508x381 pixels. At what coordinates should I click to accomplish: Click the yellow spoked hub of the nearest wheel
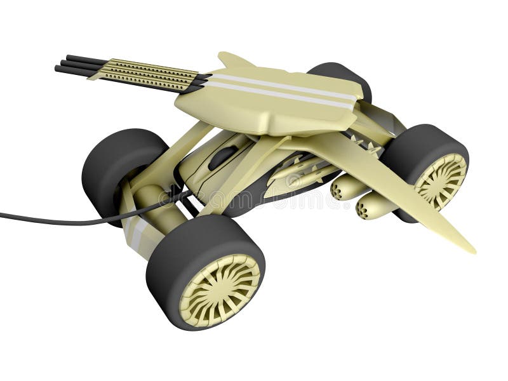point(219,290)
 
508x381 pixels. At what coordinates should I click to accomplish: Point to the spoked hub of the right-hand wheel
point(440,180)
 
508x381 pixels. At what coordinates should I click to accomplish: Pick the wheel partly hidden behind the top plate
point(340,75)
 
